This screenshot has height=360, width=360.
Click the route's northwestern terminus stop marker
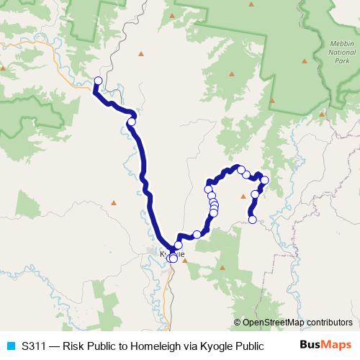pyautogui.click(x=99, y=81)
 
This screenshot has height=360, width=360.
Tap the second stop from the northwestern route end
pyautogui.click(x=131, y=122)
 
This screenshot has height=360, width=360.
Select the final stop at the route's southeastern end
pyautogui.click(x=253, y=220)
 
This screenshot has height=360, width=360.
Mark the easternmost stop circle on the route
pyautogui.click(x=264, y=180)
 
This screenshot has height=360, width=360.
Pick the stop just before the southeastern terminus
pyautogui.click(x=255, y=194)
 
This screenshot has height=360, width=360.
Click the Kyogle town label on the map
pyautogui.click(x=172, y=254)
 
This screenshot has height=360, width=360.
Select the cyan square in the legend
pyautogui.click(x=10, y=345)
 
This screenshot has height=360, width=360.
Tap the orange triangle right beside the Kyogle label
pyautogui.click(x=185, y=261)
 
